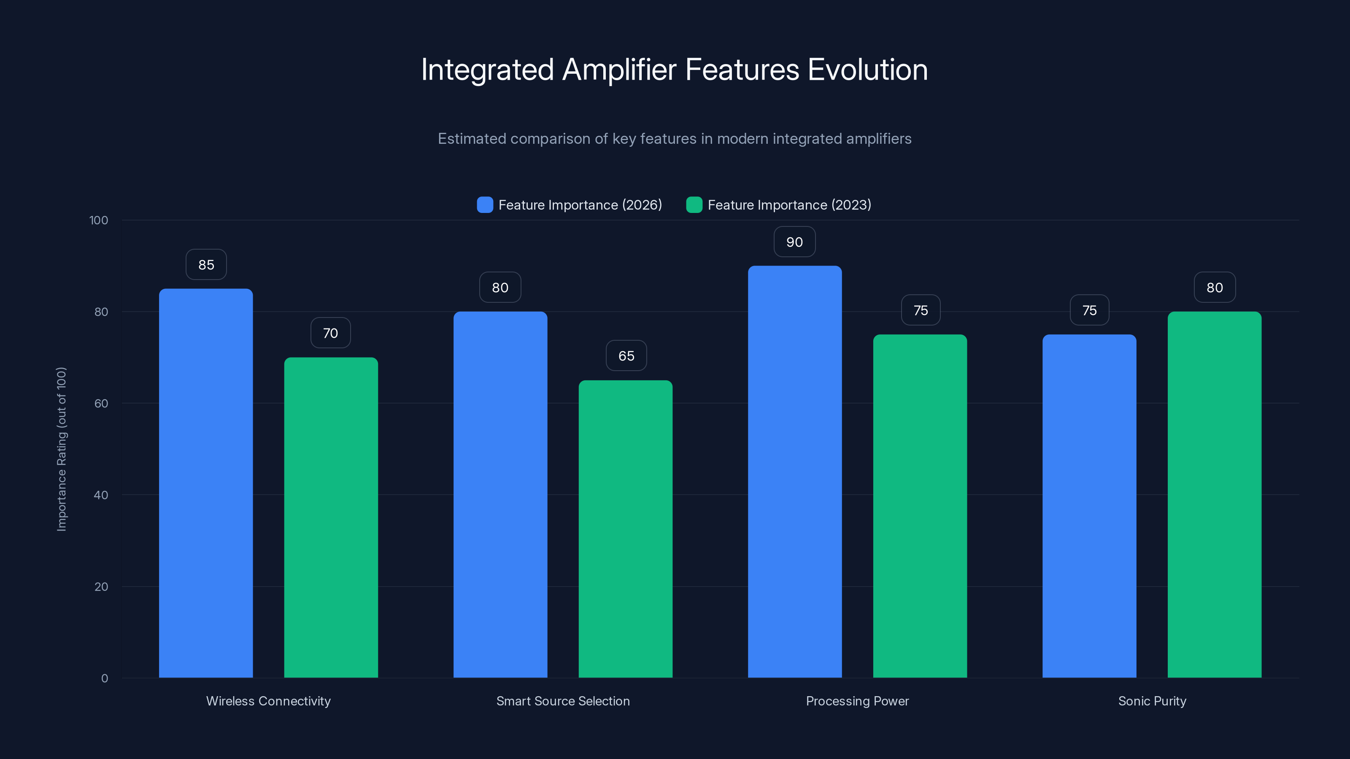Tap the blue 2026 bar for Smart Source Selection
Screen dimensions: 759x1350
[500, 495]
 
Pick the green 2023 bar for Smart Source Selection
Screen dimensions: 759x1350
[625, 529]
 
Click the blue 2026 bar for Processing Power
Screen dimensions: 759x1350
[794, 471]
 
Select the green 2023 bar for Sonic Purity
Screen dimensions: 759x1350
[1214, 495]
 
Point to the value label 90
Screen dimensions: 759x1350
[794, 242]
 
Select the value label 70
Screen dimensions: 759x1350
[331, 333]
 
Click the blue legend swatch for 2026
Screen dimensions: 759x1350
[485, 205]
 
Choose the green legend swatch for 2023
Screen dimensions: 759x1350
[694, 205]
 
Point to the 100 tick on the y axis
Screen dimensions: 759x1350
[99, 221]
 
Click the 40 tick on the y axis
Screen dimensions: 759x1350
[101, 495]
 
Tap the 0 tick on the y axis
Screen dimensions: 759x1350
[104, 678]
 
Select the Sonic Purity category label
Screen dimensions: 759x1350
[1152, 701]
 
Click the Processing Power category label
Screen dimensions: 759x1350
[857, 701]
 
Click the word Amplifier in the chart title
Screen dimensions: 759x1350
[619, 70]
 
